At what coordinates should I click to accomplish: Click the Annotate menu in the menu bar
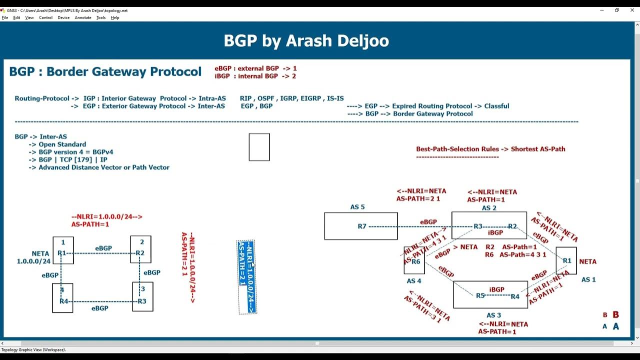pyautogui.click(x=83, y=17)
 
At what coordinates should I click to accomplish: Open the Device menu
pyautogui.click(x=63, y=17)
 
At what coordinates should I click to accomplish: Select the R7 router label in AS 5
pyautogui.click(x=362, y=226)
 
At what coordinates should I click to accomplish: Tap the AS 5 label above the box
pyautogui.click(x=357, y=207)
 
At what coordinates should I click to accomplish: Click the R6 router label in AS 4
pyautogui.click(x=416, y=261)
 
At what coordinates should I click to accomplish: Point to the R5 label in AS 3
pyautogui.click(x=480, y=295)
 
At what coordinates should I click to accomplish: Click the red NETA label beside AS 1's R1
pyautogui.click(x=587, y=261)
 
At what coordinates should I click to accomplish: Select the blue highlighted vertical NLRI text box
pyautogui.click(x=247, y=277)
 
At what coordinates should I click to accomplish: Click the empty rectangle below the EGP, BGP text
pyautogui.click(x=259, y=147)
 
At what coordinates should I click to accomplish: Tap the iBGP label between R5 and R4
pyautogui.click(x=496, y=290)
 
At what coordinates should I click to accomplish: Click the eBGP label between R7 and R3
pyautogui.click(x=428, y=222)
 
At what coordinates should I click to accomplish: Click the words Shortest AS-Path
pyautogui.click(x=538, y=149)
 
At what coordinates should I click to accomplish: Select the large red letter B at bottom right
pyautogui.click(x=616, y=315)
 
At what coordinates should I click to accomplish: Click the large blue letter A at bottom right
pyautogui.click(x=616, y=326)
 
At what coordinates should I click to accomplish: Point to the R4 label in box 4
pyautogui.click(x=63, y=301)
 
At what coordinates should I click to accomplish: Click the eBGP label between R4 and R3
pyautogui.click(x=99, y=308)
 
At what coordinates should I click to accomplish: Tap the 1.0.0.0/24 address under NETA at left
pyautogui.click(x=33, y=261)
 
